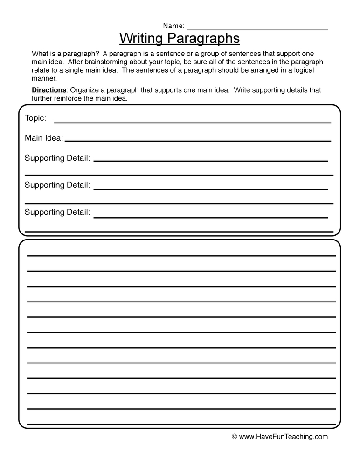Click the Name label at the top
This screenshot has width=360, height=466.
point(173,26)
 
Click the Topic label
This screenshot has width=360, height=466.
point(35,118)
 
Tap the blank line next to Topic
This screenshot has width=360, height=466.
point(192,123)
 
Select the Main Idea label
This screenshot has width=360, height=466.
point(44,138)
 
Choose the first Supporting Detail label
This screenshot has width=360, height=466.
point(57,158)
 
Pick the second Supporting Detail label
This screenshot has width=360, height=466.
point(57,185)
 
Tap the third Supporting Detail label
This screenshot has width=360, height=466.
point(57,212)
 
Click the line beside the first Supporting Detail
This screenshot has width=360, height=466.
point(211,161)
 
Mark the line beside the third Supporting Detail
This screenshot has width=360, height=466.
point(211,217)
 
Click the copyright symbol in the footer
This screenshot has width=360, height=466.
point(235,437)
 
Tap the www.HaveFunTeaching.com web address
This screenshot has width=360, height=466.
point(284,437)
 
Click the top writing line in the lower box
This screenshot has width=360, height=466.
point(181,256)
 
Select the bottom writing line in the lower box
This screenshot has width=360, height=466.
point(181,424)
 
